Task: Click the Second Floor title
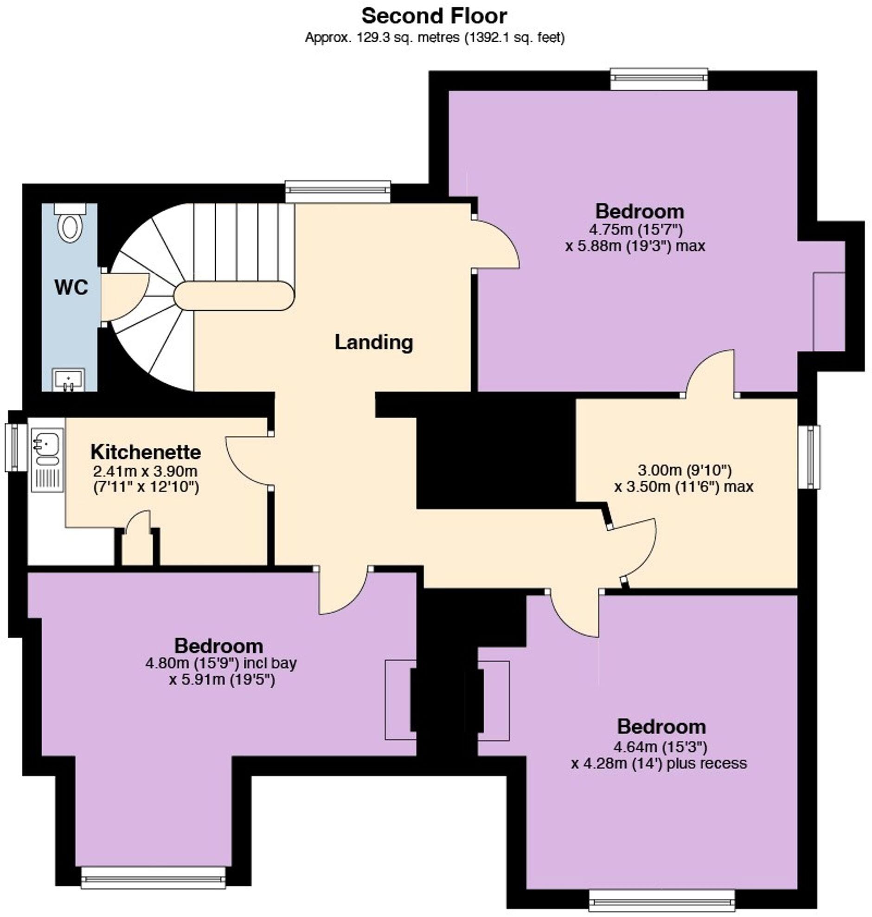434,16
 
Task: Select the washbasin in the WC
68,380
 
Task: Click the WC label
71,287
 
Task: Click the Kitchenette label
146,452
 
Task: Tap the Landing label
374,342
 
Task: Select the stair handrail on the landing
234,296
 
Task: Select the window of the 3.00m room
810,457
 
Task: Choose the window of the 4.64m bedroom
662,901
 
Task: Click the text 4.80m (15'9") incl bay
221,663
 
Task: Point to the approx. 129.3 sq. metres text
434,38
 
